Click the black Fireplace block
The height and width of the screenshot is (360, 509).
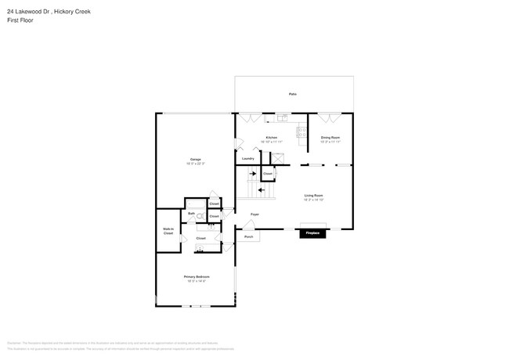[312, 233]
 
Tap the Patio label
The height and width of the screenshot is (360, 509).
[292, 94]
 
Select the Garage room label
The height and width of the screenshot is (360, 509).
[194, 160]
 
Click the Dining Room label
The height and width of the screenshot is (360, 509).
[330, 139]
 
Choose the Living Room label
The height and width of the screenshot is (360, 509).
[313, 196]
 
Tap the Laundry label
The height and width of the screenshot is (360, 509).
[247, 159]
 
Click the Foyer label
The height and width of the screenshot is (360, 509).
[254, 214]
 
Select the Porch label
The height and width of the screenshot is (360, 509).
[248, 236]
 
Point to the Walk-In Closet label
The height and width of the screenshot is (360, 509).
[168, 232]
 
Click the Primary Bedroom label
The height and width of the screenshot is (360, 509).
[194, 278]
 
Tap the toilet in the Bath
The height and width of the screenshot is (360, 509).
[200, 217]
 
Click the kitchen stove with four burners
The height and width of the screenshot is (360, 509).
[301, 132]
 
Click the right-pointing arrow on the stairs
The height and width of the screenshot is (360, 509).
[252, 174]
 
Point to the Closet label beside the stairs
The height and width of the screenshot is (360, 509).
[267, 174]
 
